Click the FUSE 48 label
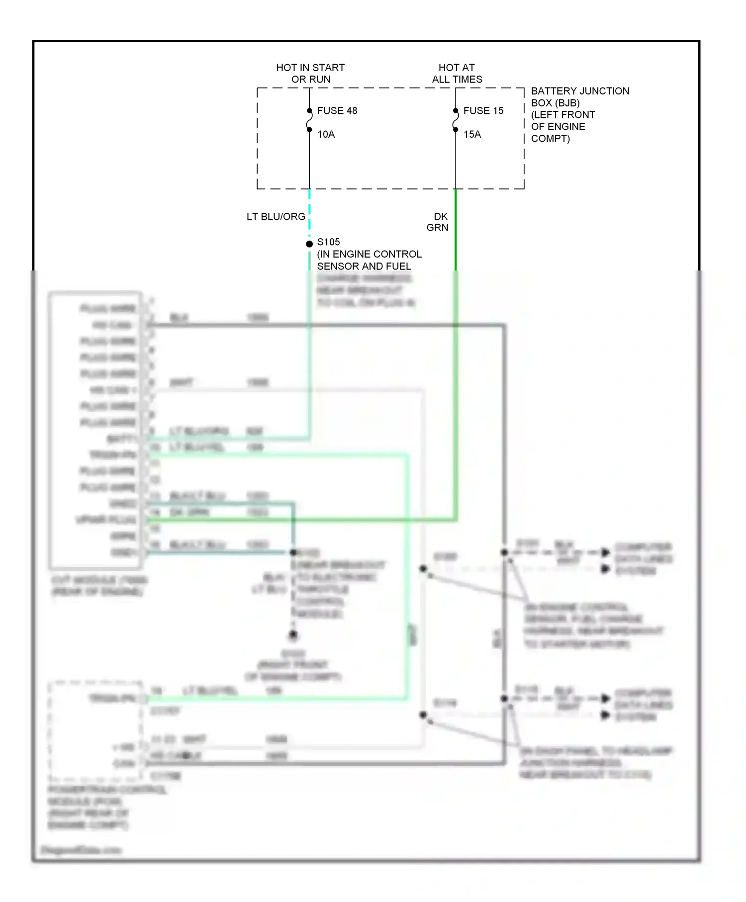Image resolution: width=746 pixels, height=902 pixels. point(337,110)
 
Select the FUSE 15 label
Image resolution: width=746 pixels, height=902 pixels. point(483,110)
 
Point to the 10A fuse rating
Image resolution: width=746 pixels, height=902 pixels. point(326,134)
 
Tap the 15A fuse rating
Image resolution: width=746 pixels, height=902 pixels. point(472,134)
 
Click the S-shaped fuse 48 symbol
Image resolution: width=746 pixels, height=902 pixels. point(309,120)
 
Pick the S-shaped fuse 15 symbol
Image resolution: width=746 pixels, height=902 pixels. point(456,120)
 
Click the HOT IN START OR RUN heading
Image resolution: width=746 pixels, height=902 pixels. point(310,73)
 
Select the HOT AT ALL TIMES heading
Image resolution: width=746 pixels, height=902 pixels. point(457,73)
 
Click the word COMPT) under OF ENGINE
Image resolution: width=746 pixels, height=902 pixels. point(550,138)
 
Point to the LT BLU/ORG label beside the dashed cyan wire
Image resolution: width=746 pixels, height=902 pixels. point(276,216)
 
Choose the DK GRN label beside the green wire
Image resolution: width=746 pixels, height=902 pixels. point(438,222)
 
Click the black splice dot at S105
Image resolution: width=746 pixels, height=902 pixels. point(309,244)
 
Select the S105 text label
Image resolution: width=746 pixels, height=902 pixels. point(328,242)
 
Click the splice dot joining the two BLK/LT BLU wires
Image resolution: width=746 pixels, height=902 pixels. point(293,552)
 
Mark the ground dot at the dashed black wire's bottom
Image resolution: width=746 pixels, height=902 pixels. point(293,634)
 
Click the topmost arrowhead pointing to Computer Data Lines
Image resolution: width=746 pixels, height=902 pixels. point(605,552)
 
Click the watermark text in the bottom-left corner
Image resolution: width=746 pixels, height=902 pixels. point(81,850)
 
